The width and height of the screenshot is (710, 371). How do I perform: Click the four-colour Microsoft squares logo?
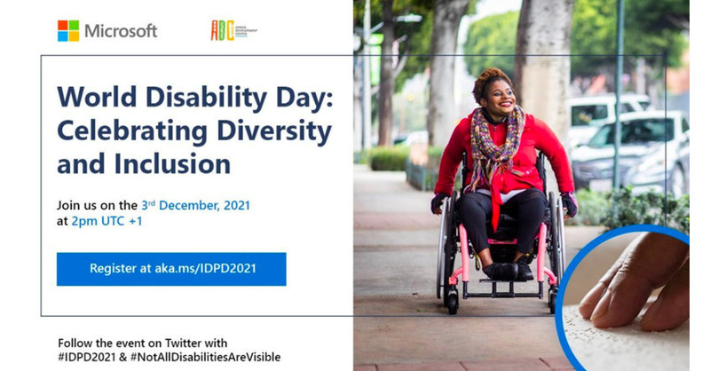68,31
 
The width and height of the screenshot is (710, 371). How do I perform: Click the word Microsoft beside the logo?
121,31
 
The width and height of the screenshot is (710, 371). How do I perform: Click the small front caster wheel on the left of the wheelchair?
453,299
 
